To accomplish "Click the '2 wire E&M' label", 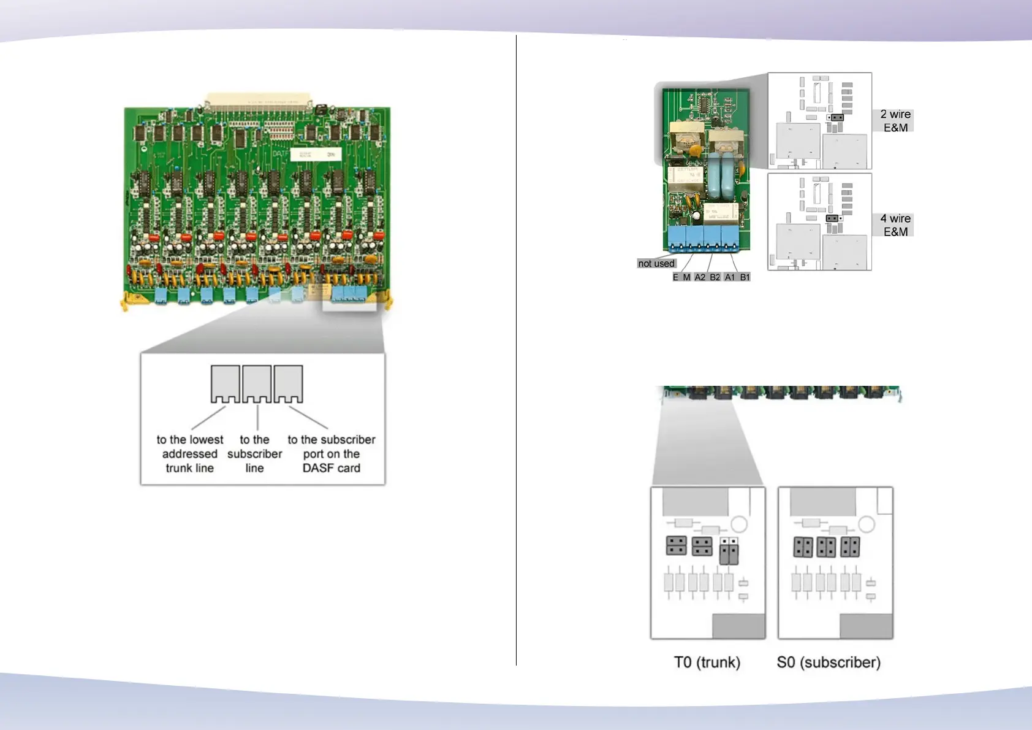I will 895,121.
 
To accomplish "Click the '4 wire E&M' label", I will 895,225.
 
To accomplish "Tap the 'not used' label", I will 656,264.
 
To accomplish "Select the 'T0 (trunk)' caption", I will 707,663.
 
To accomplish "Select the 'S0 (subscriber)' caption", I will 829,663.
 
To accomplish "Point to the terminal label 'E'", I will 675,277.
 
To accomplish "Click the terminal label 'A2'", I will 700,277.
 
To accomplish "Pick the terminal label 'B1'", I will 745,277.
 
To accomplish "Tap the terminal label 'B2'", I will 715,277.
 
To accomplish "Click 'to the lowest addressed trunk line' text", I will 189,454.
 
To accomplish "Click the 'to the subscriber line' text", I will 254,454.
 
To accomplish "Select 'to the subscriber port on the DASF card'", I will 332,454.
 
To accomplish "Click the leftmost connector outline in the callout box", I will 225,384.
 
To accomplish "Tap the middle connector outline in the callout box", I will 257,384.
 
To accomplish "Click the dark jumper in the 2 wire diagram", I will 837,117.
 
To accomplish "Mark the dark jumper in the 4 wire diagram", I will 832,218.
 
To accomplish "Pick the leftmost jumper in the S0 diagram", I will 803,547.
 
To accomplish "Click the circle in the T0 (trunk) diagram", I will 740,524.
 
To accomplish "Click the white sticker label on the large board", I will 316,154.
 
